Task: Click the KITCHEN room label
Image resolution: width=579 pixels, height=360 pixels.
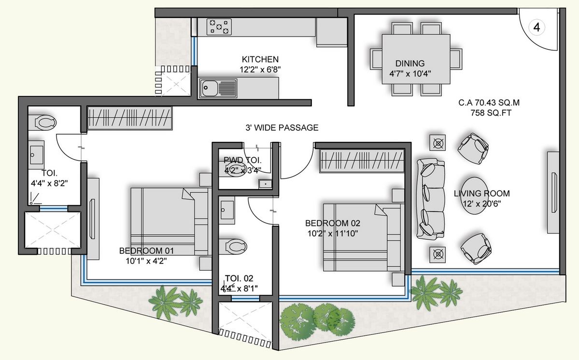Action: point(260,59)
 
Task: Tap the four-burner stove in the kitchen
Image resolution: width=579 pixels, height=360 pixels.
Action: point(219,27)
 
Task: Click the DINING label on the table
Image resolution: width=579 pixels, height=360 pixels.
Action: point(410,63)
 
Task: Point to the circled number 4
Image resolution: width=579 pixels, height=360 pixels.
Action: point(537,28)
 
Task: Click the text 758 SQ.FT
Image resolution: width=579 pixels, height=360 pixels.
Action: point(491,113)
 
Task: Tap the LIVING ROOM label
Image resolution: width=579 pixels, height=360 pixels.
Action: point(481,194)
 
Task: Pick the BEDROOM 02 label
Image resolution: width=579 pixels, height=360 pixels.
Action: point(332,223)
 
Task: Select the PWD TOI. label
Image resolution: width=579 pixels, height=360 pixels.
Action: point(242,160)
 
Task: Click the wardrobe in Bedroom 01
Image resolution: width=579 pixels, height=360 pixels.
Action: point(129,118)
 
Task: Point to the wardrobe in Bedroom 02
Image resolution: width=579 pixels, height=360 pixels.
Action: point(361,160)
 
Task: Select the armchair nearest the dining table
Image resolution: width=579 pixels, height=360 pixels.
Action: point(473,148)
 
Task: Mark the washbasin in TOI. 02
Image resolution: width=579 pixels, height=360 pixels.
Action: point(227,210)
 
